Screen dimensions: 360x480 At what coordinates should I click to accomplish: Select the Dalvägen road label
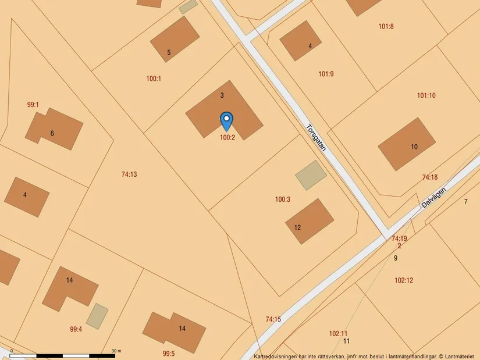point(435,201)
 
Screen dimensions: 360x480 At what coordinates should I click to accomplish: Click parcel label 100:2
point(227,138)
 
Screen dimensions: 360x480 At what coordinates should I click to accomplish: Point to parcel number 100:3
point(283,199)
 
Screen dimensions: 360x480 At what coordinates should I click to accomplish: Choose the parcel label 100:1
point(154,78)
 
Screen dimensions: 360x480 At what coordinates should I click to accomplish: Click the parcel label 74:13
point(129,174)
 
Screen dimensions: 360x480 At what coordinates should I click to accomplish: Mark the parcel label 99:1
point(33,105)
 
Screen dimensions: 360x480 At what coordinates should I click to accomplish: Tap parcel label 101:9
point(326,74)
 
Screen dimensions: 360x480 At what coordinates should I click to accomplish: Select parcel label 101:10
point(426,95)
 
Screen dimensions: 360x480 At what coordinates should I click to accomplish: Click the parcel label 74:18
point(430,177)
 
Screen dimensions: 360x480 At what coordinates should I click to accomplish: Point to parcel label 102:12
point(404,280)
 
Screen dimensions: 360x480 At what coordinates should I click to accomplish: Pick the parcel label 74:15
point(273,319)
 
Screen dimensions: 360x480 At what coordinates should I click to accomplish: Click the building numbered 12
point(310,221)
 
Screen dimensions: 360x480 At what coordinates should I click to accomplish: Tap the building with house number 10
point(407,144)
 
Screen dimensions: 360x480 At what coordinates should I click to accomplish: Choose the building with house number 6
point(54,129)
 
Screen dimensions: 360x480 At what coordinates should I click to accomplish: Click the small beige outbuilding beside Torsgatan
point(311,175)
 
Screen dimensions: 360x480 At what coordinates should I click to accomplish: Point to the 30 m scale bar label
point(116,351)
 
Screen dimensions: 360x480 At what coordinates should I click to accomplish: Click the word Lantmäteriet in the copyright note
point(460,356)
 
